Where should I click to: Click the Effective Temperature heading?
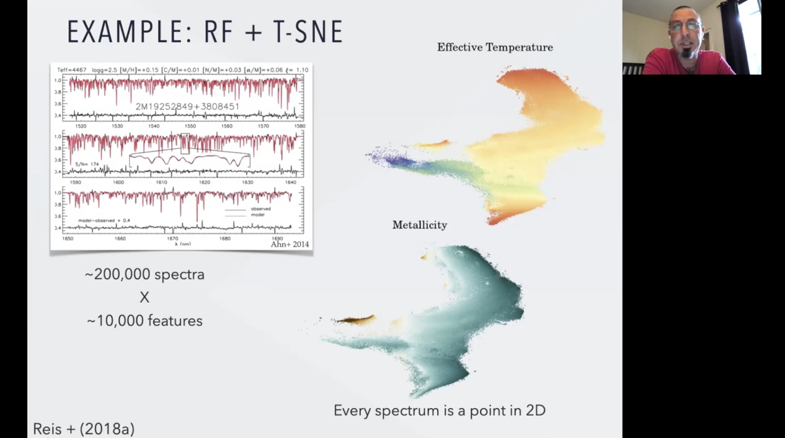pyautogui.click(x=495, y=47)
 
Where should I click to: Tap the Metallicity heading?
pyautogui.click(x=419, y=225)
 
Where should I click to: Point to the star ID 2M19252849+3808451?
pyautogui.click(x=187, y=107)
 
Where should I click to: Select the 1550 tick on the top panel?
pyautogui.click(x=190, y=126)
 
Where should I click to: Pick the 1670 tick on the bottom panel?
pyautogui.click(x=172, y=238)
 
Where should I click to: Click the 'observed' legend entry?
pyautogui.click(x=260, y=209)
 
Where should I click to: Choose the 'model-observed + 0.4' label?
pyautogui.click(x=104, y=220)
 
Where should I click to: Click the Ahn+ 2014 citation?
pyautogui.click(x=289, y=244)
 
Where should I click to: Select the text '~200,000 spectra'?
pyautogui.click(x=144, y=274)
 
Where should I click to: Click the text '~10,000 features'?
pyautogui.click(x=144, y=321)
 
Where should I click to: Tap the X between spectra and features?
pyautogui.click(x=144, y=298)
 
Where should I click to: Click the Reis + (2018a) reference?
pyautogui.click(x=84, y=429)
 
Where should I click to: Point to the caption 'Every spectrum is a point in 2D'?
pyautogui.click(x=439, y=410)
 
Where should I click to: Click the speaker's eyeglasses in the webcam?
pyautogui.click(x=685, y=27)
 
